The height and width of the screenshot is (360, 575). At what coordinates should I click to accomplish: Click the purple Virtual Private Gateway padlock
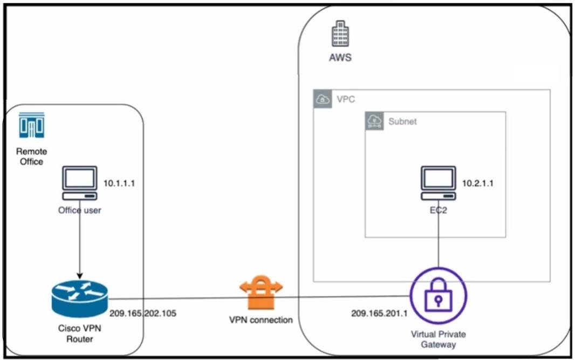438,296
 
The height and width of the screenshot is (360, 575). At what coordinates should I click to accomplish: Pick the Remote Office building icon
32,125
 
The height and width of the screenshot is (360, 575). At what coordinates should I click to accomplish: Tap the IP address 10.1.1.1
119,184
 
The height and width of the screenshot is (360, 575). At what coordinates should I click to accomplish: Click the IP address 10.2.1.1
478,184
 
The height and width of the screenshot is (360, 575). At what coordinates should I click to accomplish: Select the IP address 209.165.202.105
143,313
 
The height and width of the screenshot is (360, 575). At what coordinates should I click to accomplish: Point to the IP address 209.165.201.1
375,313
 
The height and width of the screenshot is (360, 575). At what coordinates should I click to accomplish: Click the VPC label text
345,99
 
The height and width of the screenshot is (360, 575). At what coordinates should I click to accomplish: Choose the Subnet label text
402,121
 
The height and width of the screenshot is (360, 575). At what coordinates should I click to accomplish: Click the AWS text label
340,57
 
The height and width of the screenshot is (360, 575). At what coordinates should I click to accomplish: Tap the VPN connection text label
261,320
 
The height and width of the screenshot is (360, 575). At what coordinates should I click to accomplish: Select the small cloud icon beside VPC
323,99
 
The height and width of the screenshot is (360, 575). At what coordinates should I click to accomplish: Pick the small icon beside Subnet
374,121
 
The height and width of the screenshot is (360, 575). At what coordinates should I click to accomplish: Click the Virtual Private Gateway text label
438,339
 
